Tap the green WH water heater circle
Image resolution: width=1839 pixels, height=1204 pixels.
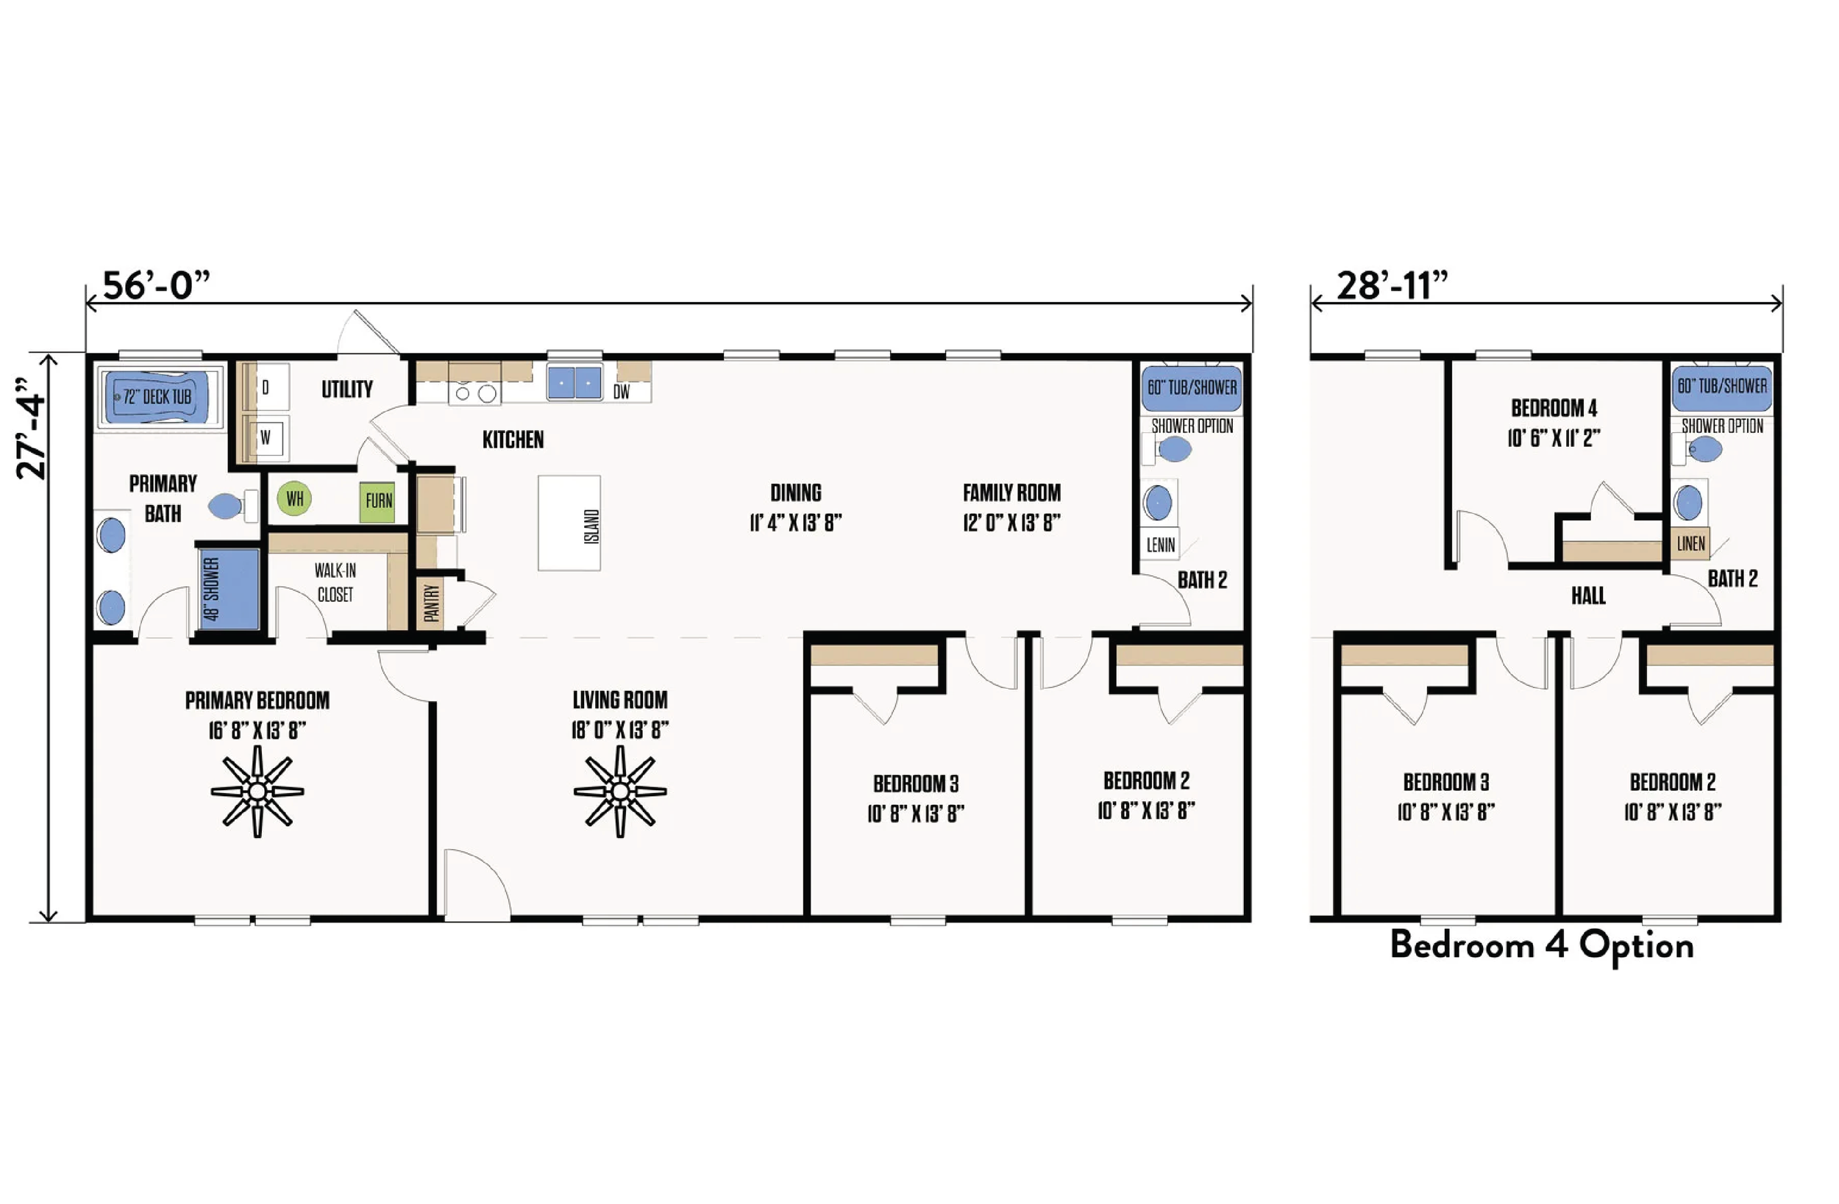pyautogui.click(x=294, y=499)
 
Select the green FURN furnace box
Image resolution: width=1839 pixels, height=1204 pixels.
pyautogui.click(x=378, y=501)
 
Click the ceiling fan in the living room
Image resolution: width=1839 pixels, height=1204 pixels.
pyautogui.click(x=619, y=792)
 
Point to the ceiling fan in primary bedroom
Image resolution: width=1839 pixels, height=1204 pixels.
pyautogui.click(x=257, y=792)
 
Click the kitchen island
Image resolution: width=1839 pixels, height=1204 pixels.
pyautogui.click(x=569, y=523)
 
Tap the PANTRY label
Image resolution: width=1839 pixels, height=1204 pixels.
pyautogui.click(x=431, y=603)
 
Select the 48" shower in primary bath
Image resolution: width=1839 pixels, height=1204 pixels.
pyautogui.click(x=229, y=590)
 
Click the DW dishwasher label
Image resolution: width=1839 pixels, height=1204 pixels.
pyautogui.click(x=622, y=392)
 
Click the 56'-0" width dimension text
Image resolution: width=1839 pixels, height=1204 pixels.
pyautogui.click(x=156, y=286)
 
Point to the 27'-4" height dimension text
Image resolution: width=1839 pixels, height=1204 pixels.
pyautogui.click(x=32, y=429)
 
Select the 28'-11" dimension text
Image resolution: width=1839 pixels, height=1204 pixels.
pyautogui.click(x=1392, y=286)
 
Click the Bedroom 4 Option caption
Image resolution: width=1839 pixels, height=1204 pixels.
pyautogui.click(x=1542, y=945)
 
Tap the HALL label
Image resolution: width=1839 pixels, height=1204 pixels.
pyautogui.click(x=1588, y=595)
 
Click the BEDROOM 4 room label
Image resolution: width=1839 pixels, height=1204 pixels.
pyautogui.click(x=1554, y=408)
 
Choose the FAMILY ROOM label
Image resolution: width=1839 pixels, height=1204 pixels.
pyautogui.click(x=1011, y=492)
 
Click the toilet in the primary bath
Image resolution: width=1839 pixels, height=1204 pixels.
pyautogui.click(x=229, y=506)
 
